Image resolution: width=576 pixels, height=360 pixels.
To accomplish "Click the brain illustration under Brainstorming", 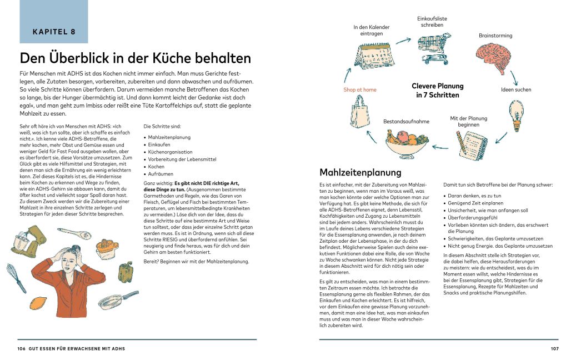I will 497,58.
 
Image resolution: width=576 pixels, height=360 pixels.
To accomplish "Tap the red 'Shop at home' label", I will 359,89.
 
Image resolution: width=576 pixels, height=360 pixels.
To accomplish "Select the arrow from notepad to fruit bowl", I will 440,147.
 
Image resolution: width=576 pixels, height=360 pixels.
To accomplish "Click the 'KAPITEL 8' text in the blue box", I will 54,32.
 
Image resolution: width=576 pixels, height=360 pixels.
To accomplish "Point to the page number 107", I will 554,348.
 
